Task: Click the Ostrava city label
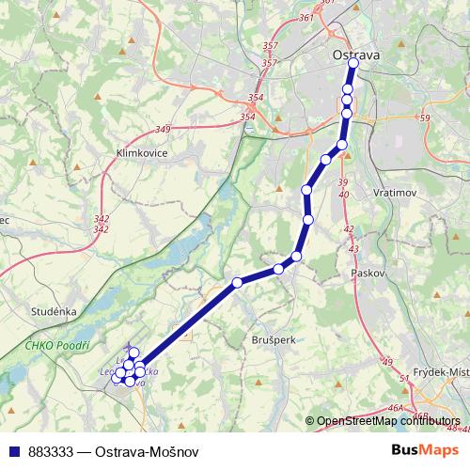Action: point(356,56)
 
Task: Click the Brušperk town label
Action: point(274,337)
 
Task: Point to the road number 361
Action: point(303,18)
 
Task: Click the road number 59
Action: point(424,118)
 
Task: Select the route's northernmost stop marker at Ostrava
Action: point(354,65)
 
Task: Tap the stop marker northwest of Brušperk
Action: point(238,282)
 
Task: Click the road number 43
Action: point(353,249)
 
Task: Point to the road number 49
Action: point(385,361)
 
